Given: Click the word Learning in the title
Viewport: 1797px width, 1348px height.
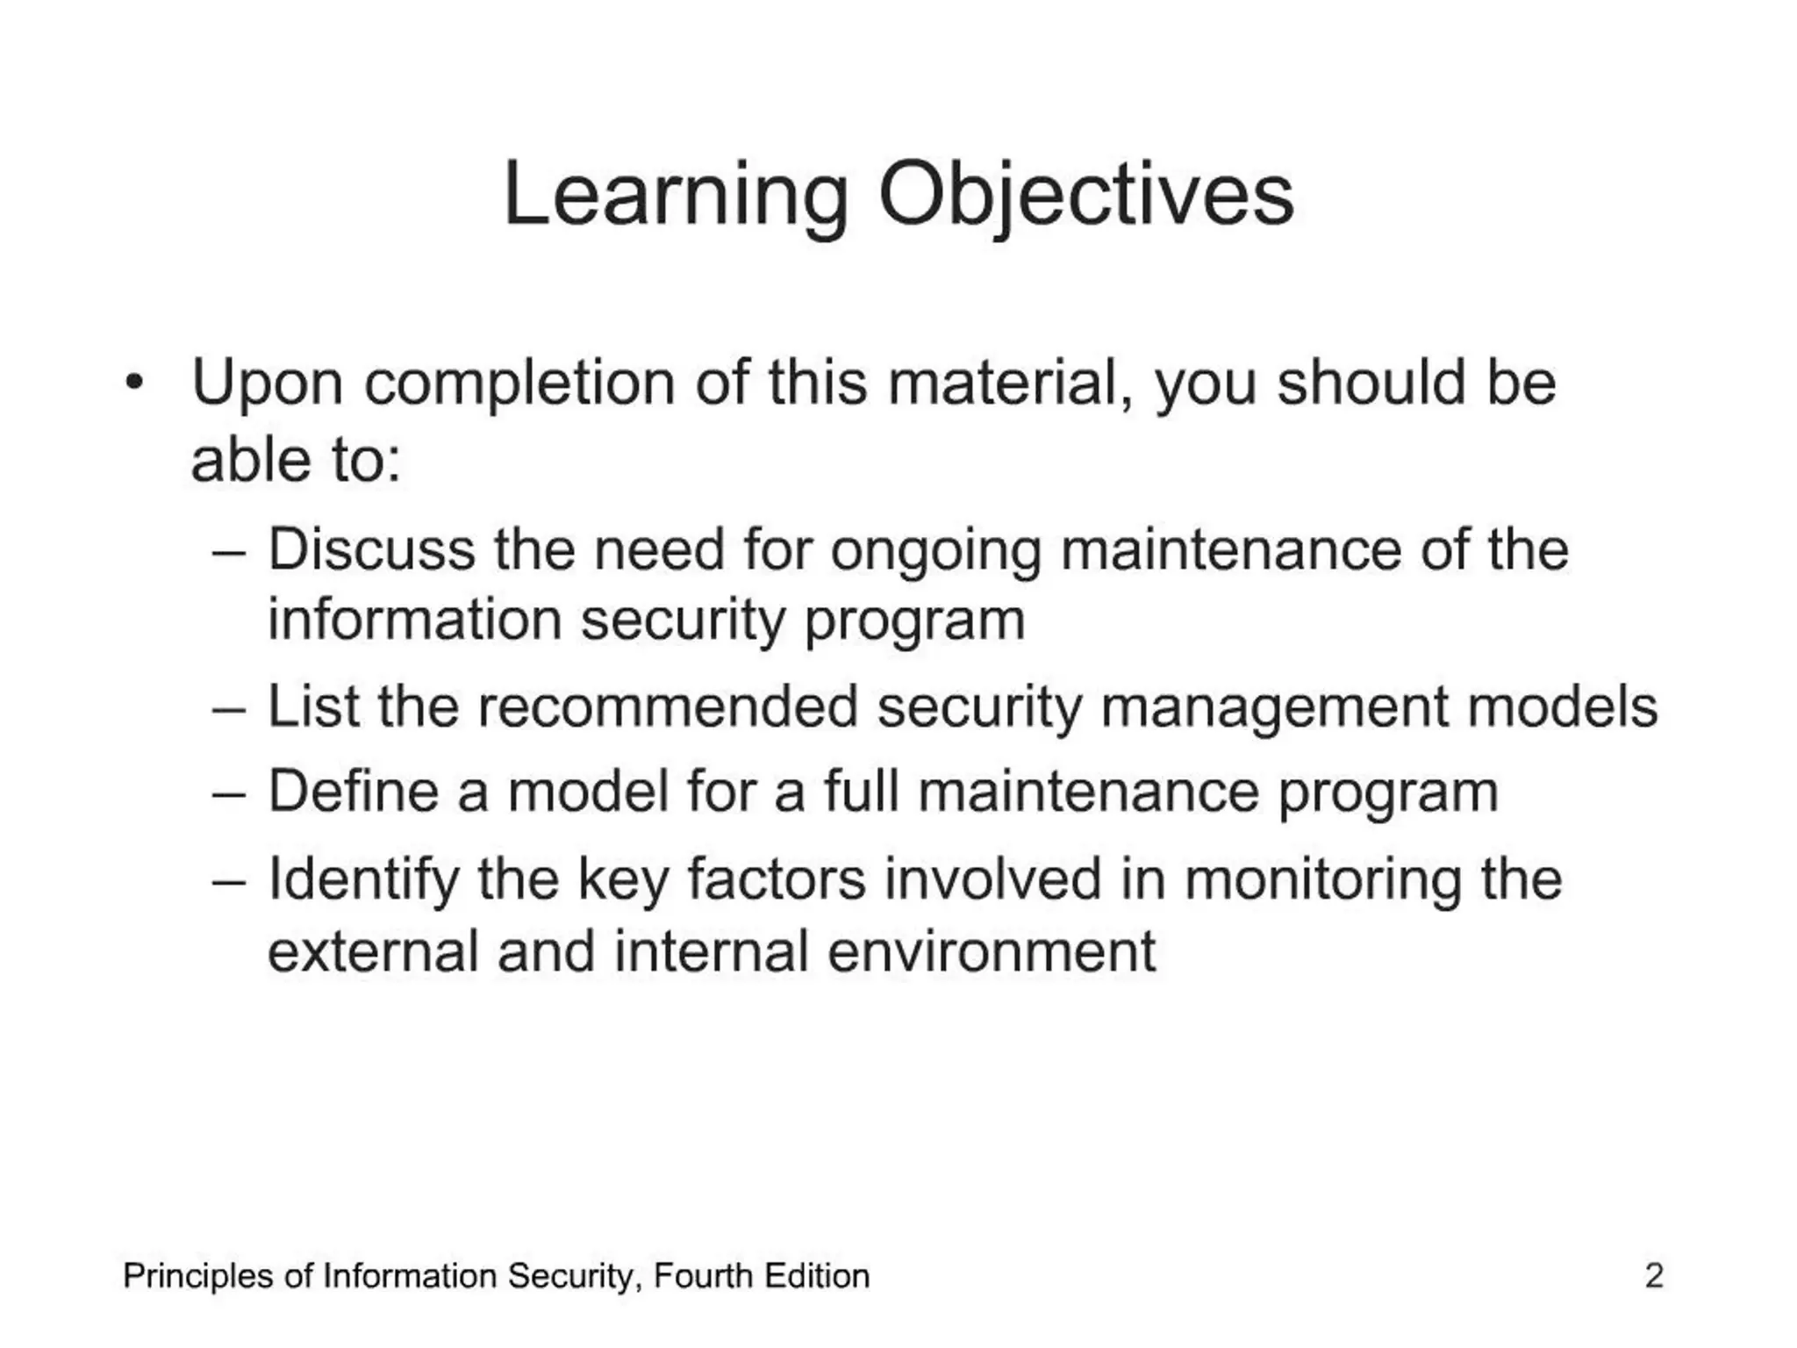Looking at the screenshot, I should [x=676, y=195].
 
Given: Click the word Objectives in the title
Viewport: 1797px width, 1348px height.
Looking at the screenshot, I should [x=1085, y=195].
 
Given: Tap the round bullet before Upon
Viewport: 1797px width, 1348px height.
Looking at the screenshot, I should [x=133, y=383].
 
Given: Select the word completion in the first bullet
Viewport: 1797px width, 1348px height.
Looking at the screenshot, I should [x=519, y=384].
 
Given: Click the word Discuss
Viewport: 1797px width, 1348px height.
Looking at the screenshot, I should [x=371, y=549].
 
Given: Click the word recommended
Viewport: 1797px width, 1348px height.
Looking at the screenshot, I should [x=668, y=706].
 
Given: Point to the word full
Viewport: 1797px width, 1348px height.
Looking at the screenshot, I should [x=861, y=791].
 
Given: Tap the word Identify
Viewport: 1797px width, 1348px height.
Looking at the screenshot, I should [x=363, y=879].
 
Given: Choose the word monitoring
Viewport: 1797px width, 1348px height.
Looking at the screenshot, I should [x=1323, y=879].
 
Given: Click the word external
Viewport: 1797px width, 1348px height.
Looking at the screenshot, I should [x=372, y=951].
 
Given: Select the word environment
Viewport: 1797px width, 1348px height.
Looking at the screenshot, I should [x=992, y=951].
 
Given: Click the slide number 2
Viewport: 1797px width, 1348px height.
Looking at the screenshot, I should [x=1653, y=1276].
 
